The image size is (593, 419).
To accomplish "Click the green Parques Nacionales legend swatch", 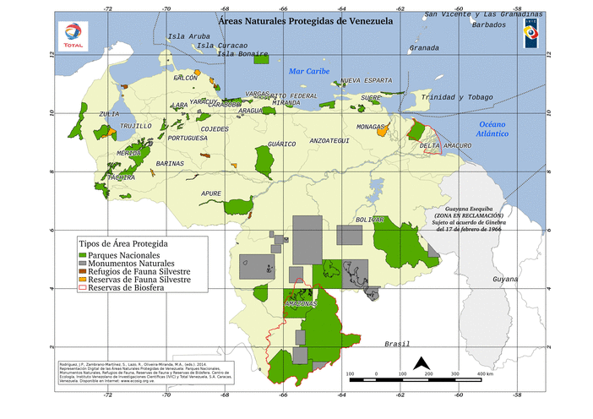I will coord(82,255).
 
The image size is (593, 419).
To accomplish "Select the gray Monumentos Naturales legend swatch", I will coord(82,264).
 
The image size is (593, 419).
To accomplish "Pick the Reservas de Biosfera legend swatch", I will coord(82,288).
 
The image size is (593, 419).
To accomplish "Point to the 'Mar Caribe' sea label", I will coord(308,71).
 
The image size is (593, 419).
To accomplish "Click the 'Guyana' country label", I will coord(504,279).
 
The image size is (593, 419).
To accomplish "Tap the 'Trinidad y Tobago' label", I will coord(457,97).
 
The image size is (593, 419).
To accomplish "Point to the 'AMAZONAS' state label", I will coord(302,302).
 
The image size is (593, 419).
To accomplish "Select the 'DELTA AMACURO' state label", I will coord(445,145).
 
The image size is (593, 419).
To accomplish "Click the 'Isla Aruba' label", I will coord(188,36).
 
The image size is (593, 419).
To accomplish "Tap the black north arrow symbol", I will coord(421,365).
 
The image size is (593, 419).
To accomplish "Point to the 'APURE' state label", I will coord(211,193).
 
